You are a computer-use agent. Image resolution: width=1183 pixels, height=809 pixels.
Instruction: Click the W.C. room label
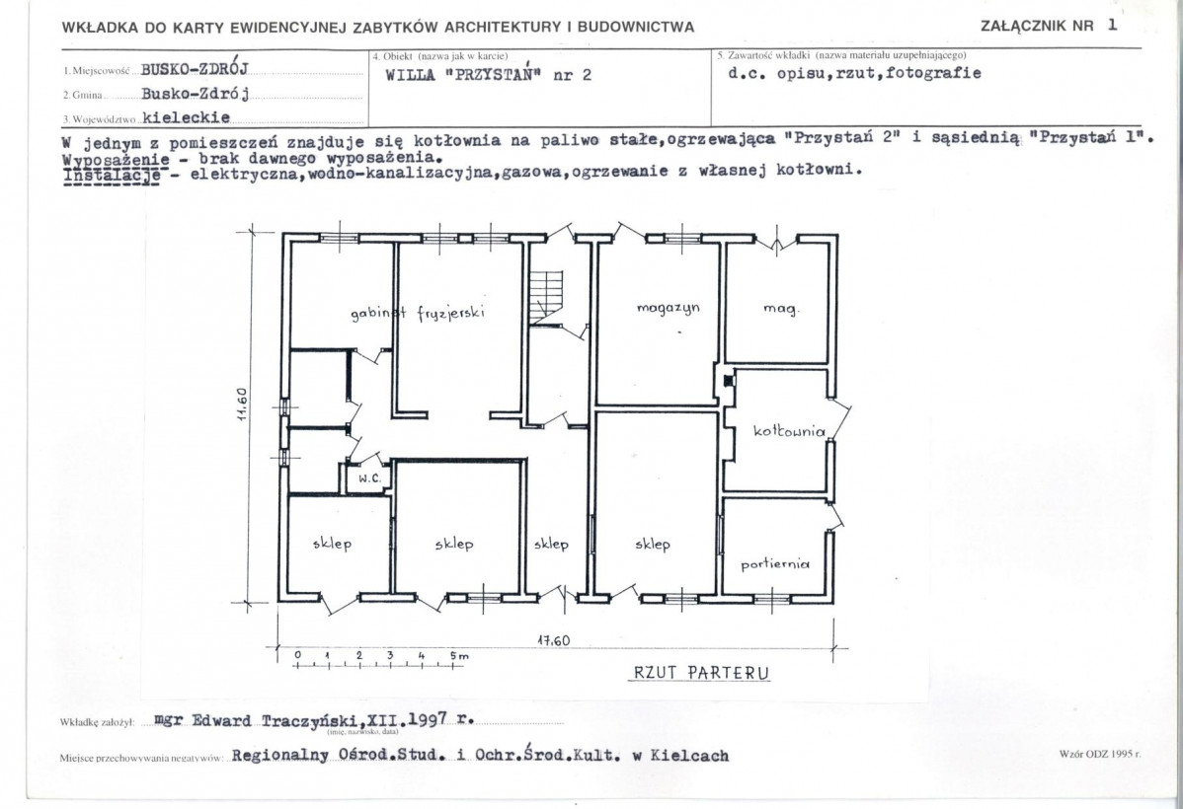[369, 478]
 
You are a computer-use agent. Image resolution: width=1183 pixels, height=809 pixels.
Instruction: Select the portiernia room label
[775, 564]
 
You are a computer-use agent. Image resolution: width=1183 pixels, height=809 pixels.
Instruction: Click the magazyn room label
[662, 308]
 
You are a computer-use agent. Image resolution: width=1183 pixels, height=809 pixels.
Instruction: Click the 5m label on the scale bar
[458, 655]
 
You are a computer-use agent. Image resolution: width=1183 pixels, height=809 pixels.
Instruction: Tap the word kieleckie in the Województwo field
[187, 115]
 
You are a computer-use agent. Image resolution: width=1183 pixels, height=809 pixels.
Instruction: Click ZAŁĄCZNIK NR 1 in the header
[1050, 27]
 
